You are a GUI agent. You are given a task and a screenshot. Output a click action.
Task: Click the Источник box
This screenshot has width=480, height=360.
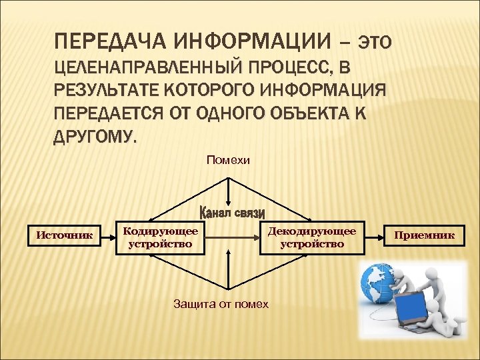(64, 235)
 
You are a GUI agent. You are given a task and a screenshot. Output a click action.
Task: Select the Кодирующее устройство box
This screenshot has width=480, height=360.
(161, 237)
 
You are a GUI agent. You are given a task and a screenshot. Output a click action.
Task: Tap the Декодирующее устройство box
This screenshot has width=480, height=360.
(312, 237)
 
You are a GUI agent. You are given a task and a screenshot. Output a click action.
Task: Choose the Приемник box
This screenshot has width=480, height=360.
(425, 235)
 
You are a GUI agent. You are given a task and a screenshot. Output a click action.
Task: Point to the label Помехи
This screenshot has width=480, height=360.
(229, 160)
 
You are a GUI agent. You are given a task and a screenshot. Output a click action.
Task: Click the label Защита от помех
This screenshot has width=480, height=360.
(221, 304)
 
